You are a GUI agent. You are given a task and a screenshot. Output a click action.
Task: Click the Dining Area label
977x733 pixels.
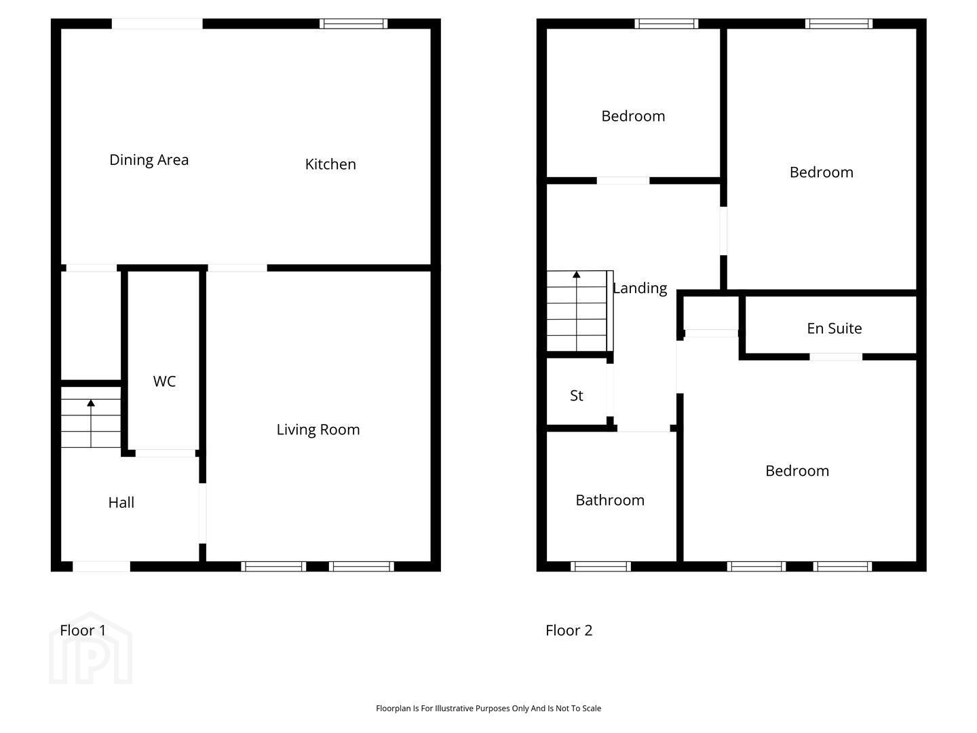tap(149, 159)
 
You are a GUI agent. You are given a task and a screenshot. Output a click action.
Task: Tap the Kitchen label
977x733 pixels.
tap(330, 164)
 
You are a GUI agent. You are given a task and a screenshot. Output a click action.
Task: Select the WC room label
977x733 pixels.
tap(164, 381)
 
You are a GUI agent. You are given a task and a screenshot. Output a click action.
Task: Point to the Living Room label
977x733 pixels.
tap(318, 430)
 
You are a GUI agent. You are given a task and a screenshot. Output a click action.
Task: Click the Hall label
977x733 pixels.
tap(121, 502)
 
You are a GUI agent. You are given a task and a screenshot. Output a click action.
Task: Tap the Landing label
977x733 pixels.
tap(640, 288)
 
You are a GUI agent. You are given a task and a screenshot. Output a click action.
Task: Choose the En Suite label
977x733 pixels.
tap(834, 328)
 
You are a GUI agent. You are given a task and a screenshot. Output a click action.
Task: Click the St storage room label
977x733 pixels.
tap(577, 395)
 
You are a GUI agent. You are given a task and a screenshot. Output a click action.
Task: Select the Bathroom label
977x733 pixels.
tap(610, 500)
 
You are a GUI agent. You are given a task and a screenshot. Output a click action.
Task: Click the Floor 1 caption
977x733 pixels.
tap(83, 631)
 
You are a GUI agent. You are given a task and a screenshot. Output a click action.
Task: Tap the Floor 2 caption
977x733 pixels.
tap(569, 631)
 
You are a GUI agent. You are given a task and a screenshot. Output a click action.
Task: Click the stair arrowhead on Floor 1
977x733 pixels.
tap(91, 402)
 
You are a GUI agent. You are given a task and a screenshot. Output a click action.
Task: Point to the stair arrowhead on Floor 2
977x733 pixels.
tap(577, 275)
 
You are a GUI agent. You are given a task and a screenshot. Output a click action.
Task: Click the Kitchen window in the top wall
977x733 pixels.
tap(353, 24)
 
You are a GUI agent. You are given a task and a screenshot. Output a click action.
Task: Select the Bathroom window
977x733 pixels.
tap(601, 566)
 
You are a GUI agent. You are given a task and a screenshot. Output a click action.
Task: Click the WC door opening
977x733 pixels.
tap(165, 453)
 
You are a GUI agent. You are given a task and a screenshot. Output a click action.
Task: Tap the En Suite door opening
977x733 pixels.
tap(835, 356)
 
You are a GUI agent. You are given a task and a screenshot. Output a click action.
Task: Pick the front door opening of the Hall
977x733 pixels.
tap(102, 566)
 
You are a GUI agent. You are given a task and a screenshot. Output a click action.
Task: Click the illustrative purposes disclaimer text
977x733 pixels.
tap(488, 708)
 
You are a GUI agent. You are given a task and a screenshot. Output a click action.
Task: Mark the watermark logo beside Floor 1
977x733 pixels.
tap(91, 648)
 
